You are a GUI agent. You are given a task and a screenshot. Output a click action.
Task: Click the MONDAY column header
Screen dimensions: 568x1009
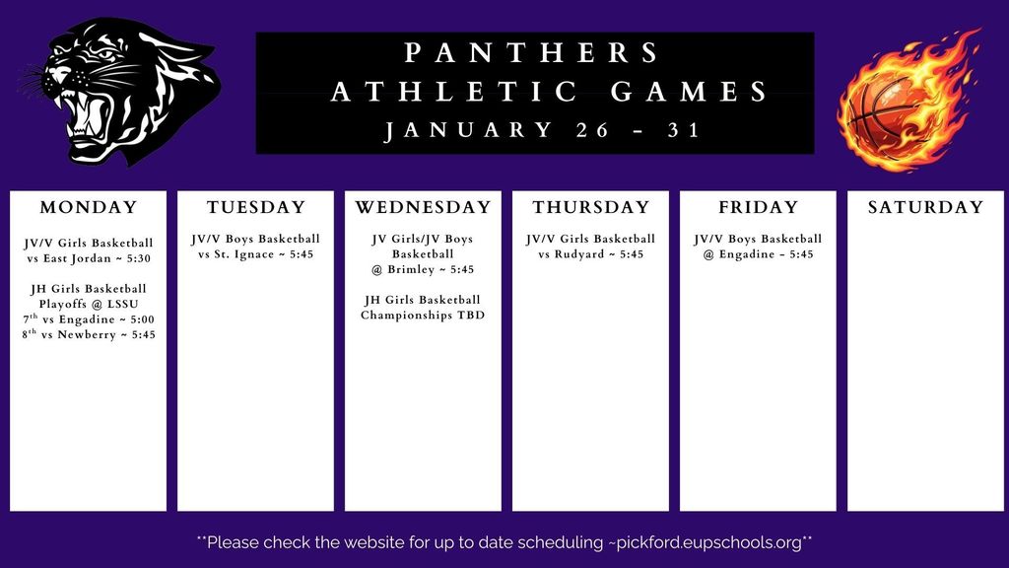pos(89,207)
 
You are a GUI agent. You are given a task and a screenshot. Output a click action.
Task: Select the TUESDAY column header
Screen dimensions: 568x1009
pos(256,207)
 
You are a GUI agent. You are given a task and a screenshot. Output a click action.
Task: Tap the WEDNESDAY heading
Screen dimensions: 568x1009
pos(423,207)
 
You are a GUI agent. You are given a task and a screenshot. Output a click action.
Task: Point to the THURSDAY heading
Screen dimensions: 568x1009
pos(591,207)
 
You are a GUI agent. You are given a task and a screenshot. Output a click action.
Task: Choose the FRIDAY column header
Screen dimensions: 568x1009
pos(758,207)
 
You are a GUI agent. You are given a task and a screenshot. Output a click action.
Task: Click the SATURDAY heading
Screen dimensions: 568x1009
pos(925,207)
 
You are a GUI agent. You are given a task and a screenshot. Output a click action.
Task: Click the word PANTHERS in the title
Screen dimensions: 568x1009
pos(533,53)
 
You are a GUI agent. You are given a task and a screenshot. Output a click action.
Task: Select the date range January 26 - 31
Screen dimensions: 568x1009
pos(542,129)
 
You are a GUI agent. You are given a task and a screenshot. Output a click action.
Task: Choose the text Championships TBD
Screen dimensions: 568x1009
pos(423,316)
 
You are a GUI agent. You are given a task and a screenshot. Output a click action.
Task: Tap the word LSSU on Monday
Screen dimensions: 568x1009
pos(122,304)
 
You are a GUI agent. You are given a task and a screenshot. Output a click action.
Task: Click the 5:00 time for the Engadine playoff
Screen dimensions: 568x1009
pos(138,319)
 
